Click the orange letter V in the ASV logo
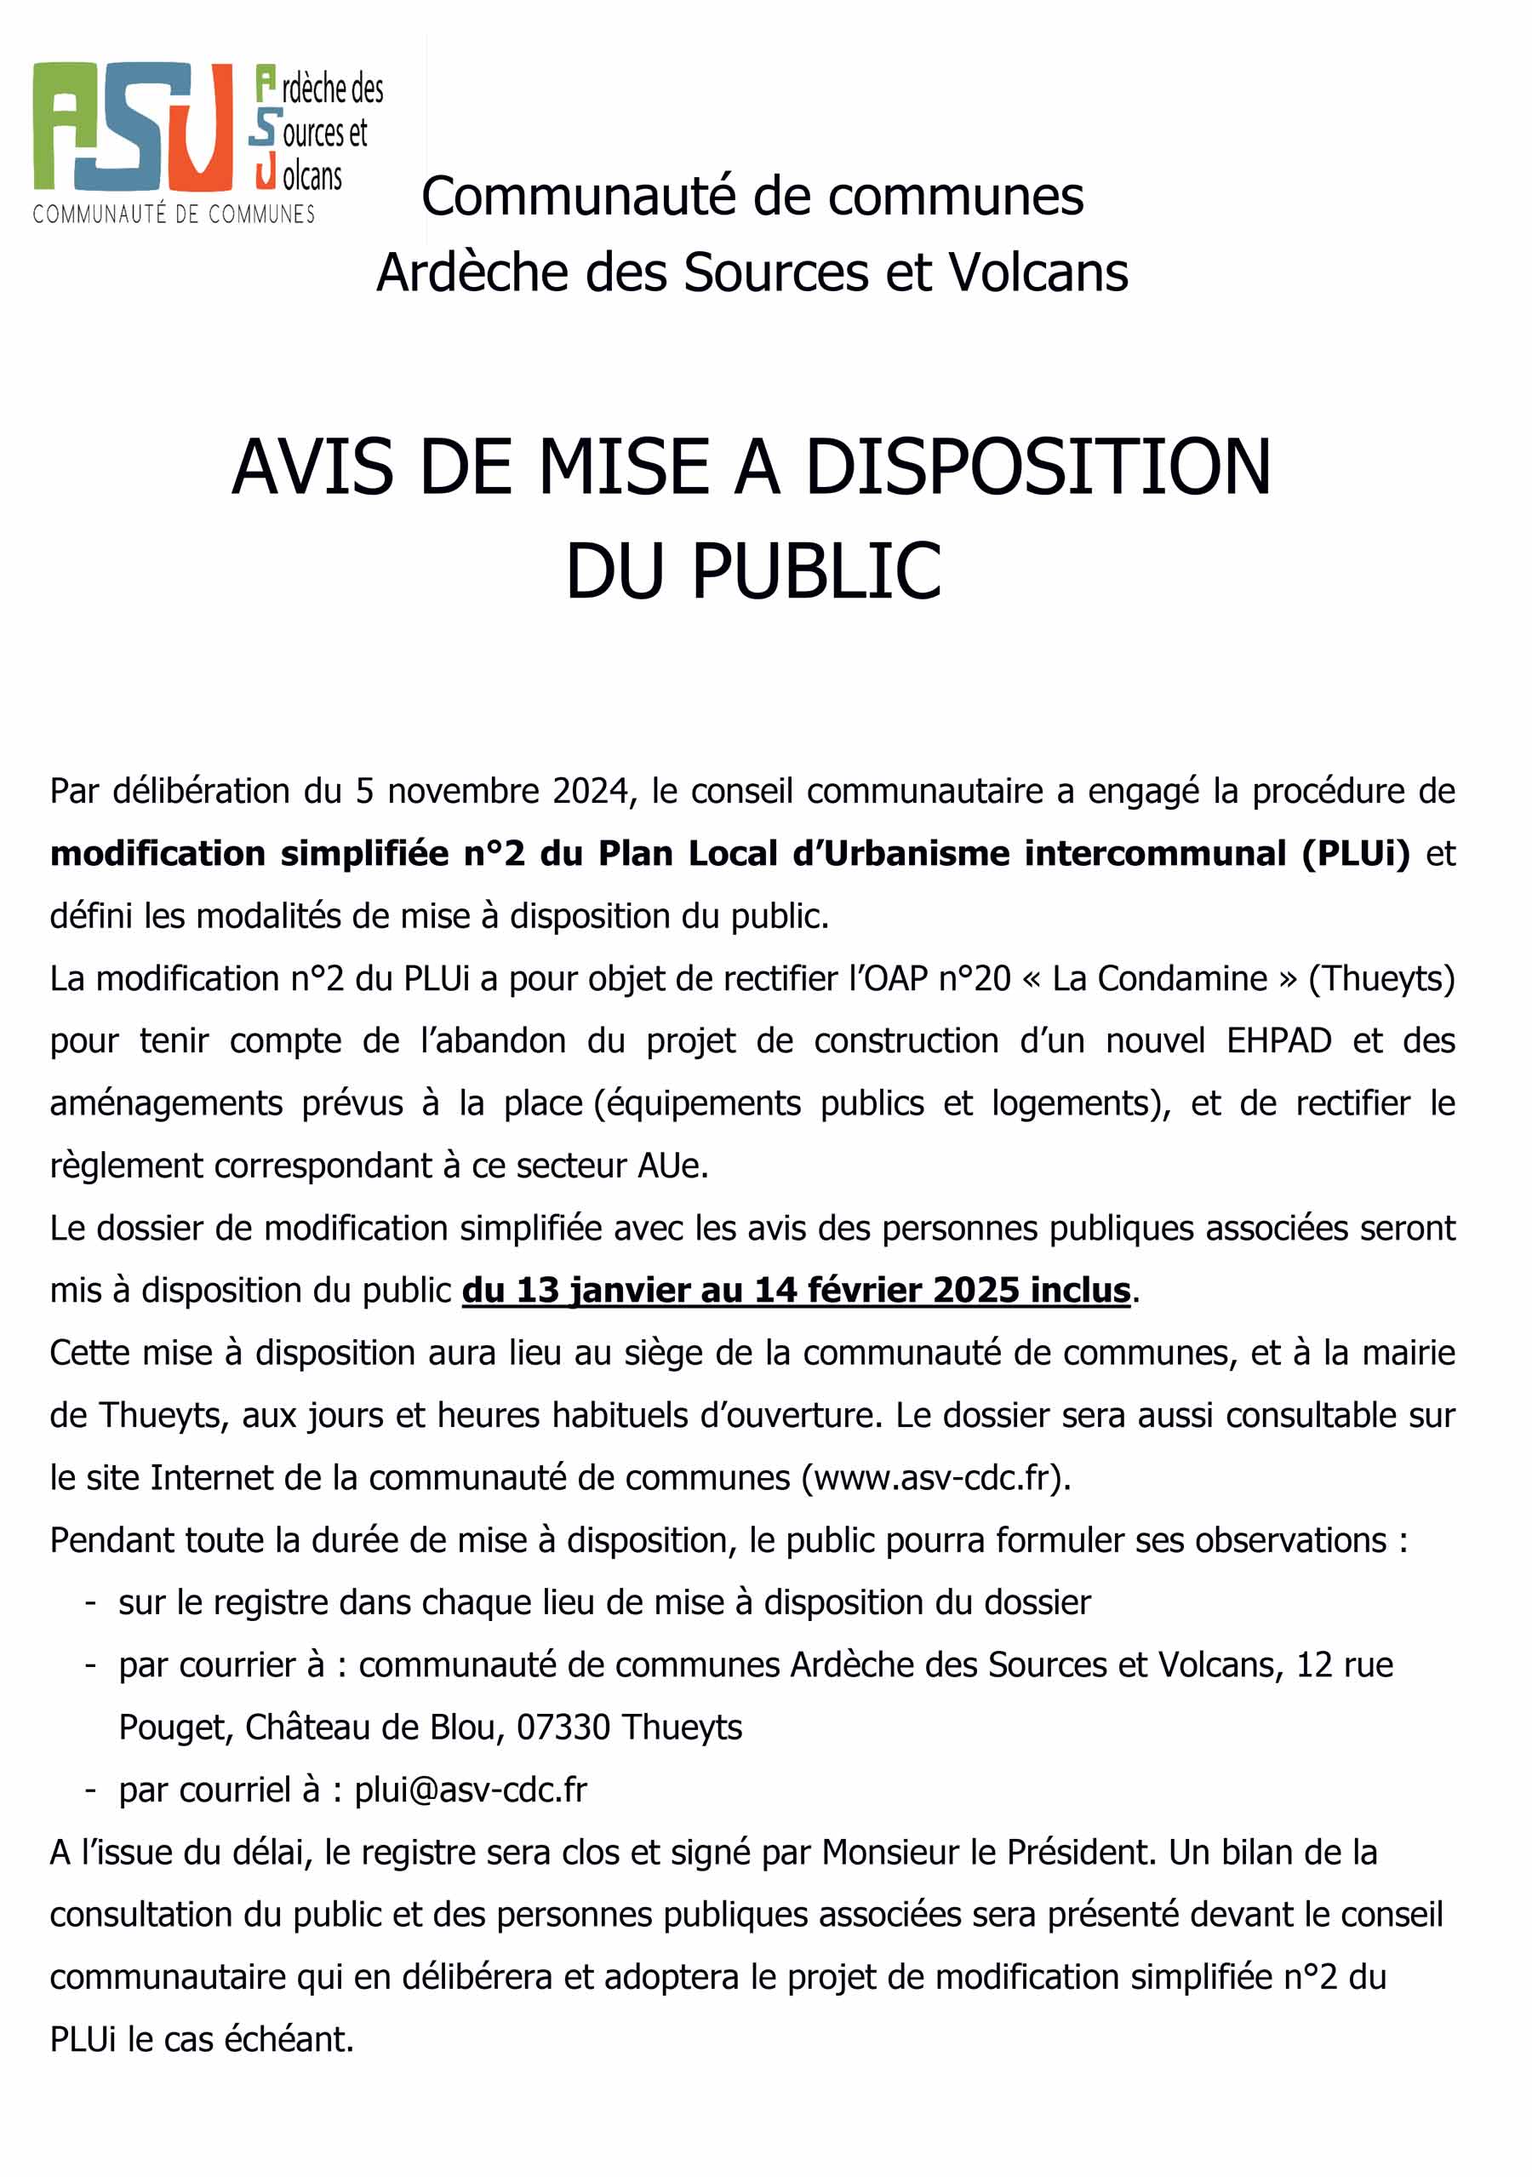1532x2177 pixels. (x=200, y=126)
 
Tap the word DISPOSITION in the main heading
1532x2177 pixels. (x=1038, y=467)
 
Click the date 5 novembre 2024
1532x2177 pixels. (x=492, y=791)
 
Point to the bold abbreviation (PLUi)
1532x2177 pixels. (x=1356, y=853)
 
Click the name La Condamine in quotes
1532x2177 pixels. (x=1158, y=978)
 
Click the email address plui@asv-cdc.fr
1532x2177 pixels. (x=470, y=1790)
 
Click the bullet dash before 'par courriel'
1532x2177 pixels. (x=91, y=1790)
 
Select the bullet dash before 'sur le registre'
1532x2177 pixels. (x=91, y=1603)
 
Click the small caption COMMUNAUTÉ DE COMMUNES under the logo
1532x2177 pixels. (x=174, y=215)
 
